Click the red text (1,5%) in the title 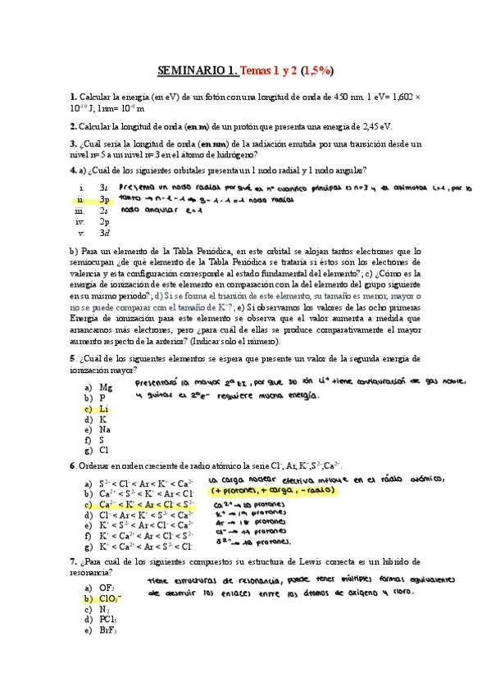316,70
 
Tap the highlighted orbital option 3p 104,199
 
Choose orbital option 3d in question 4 104,233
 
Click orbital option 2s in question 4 104,211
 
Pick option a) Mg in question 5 105,387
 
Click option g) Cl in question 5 103,450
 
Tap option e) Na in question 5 104,429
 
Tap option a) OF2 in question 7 107,588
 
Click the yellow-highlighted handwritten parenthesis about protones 271,490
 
